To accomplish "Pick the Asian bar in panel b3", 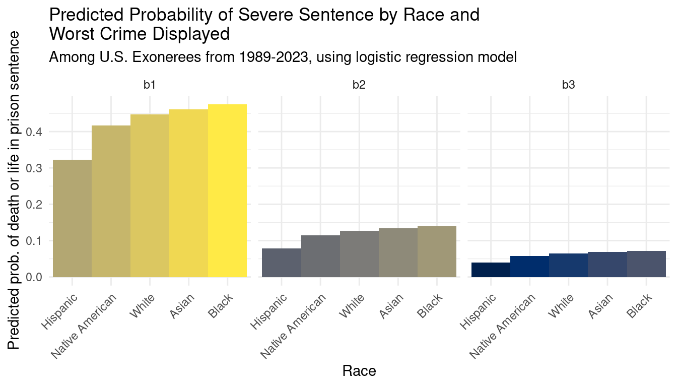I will coord(607,265).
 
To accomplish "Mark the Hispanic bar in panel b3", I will coord(491,270).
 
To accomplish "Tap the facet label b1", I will coord(150,85).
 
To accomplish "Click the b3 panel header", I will coord(568,85).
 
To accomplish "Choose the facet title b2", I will coord(359,85).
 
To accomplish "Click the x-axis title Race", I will coord(359,371).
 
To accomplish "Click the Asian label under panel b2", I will coord(392,306).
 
